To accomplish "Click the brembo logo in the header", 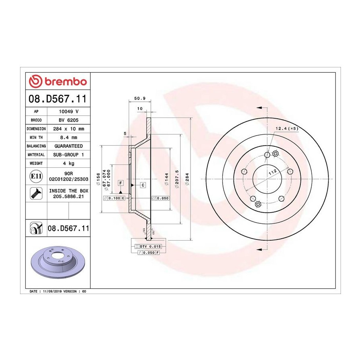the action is [x=58, y=81].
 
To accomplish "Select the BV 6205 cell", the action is [x=69, y=120].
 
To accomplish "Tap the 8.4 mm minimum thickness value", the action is [x=69, y=138].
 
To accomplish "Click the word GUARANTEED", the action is [x=69, y=146].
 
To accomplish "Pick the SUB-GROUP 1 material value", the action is [x=69, y=155].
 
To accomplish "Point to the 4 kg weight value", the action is [x=69, y=163].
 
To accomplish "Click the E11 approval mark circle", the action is [x=36, y=176].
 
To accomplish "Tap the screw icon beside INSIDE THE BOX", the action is [x=36, y=193].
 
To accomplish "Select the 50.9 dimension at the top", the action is [x=140, y=98].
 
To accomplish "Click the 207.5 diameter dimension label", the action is [x=177, y=179].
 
